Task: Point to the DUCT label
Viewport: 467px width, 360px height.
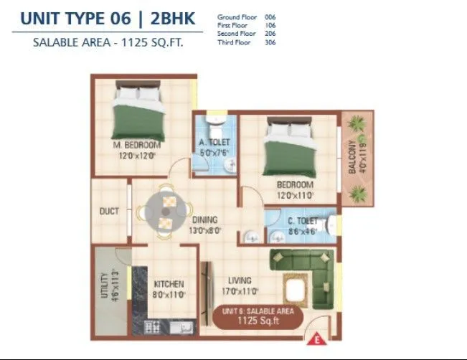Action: coord(109,212)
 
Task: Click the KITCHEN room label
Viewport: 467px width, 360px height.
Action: coord(169,284)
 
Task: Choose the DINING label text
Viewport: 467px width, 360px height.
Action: coord(204,220)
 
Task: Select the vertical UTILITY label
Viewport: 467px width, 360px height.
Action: coord(105,285)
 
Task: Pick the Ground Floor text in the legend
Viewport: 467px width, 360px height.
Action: coord(236,16)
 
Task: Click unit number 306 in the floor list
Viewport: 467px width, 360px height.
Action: coord(270,42)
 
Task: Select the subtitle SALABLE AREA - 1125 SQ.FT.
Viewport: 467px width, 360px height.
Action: coord(108,42)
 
